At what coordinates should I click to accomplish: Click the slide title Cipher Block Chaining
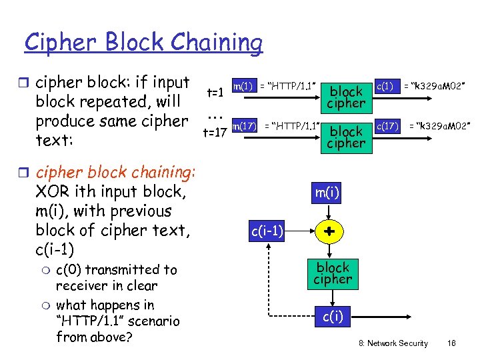(x=143, y=43)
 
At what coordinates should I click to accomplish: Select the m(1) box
(x=243, y=85)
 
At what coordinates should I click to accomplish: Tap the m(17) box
(x=245, y=125)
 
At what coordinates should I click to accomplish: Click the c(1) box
(x=385, y=85)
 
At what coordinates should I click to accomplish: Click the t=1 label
(x=215, y=93)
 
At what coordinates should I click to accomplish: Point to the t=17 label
(x=215, y=133)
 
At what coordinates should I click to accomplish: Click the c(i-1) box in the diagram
(x=267, y=231)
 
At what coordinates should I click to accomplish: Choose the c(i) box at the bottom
(x=332, y=317)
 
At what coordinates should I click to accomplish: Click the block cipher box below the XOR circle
(x=332, y=273)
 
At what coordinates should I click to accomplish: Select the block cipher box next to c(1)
(x=346, y=97)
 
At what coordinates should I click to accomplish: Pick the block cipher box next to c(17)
(x=346, y=137)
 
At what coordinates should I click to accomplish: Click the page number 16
(x=451, y=343)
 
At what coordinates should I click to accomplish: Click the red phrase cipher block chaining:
(x=115, y=172)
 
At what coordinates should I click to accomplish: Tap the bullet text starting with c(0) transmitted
(x=116, y=277)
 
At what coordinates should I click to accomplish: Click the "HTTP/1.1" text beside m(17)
(x=293, y=125)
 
